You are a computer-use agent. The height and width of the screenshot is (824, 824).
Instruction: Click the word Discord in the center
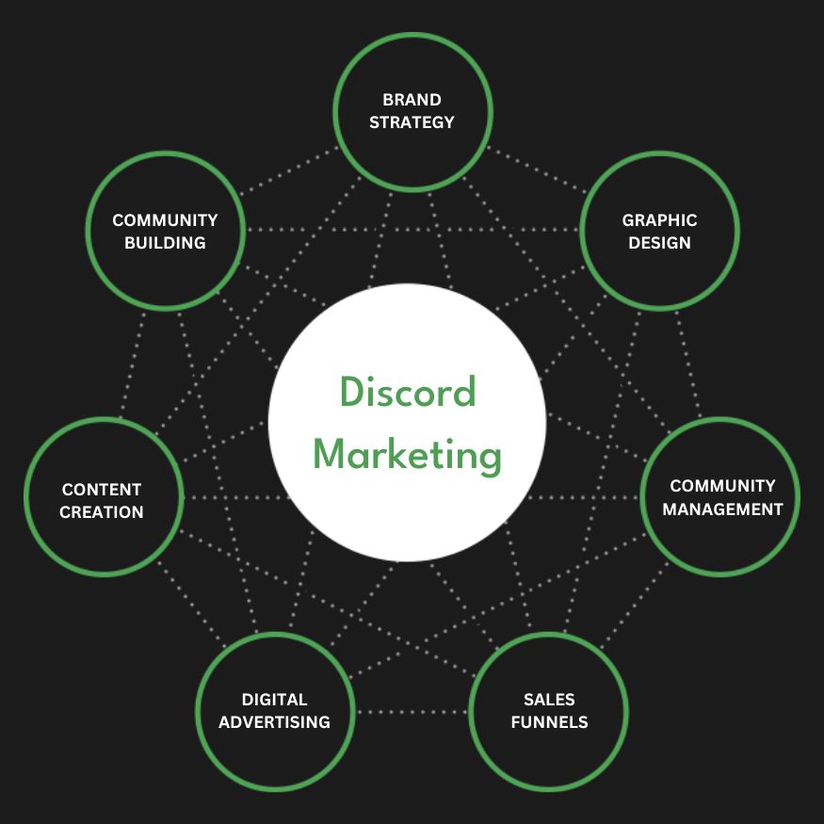click(x=407, y=392)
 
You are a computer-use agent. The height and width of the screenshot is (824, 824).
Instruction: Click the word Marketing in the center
click(x=407, y=456)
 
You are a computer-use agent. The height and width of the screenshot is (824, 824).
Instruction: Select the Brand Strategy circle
click(x=412, y=110)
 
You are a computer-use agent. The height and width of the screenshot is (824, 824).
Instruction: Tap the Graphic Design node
click(x=659, y=231)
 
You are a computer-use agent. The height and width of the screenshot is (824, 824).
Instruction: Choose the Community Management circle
click(x=720, y=497)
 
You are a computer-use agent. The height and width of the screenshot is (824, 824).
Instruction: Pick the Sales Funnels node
click(x=548, y=711)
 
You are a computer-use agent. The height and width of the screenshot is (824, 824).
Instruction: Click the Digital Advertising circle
click(x=275, y=711)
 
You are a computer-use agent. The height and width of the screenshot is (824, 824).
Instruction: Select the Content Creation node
click(x=102, y=500)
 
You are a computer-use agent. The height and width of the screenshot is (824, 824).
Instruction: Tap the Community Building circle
click(x=165, y=231)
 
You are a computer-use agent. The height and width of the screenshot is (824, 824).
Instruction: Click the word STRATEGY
click(x=412, y=122)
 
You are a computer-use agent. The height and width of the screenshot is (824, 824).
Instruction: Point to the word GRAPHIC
click(x=659, y=220)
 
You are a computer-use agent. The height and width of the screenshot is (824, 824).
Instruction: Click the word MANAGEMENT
click(x=722, y=509)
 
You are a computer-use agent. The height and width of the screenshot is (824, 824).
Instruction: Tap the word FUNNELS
click(x=549, y=722)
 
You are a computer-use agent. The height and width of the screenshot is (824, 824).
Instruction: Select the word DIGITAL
click(x=275, y=700)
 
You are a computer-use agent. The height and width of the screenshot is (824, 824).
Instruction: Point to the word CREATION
click(x=102, y=512)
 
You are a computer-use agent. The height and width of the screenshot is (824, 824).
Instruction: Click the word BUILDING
click(x=165, y=243)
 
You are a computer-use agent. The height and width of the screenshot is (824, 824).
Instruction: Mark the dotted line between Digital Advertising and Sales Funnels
click(x=412, y=712)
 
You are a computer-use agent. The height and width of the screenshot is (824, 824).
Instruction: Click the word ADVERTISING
click(x=275, y=722)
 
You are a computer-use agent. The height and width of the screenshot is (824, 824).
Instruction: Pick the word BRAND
click(x=412, y=100)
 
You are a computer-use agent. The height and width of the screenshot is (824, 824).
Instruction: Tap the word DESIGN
click(x=659, y=243)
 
